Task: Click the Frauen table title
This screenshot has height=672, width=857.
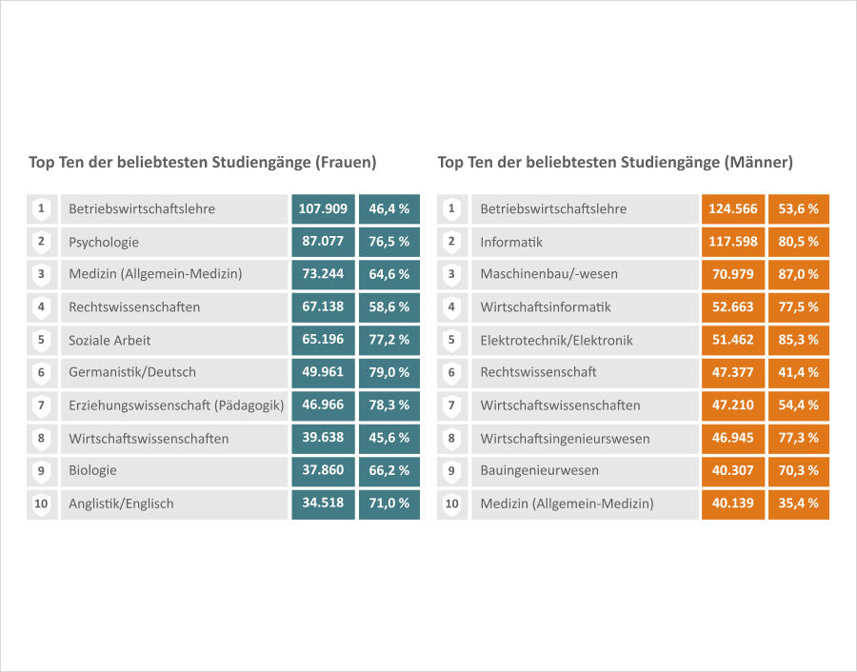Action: tap(203, 163)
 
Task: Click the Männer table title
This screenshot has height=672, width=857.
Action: tap(615, 163)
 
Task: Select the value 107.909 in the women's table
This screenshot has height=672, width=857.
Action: tap(323, 208)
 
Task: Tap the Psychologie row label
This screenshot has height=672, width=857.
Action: tap(104, 242)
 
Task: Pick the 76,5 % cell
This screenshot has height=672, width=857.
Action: tap(389, 242)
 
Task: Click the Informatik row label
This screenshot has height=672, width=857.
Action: tap(511, 242)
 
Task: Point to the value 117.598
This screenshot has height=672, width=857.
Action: tap(733, 242)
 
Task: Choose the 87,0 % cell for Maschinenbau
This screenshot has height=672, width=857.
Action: tap(799, 274)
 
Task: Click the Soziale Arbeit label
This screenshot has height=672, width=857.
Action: tap(110, 340)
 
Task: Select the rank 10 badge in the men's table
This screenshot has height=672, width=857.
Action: tap(452, 504)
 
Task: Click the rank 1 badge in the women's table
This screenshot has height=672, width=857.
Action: tap(41, 208)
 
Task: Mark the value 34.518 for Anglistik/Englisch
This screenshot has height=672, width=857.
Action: tap(323, 503)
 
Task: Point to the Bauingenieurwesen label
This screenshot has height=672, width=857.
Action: tap(539, 470)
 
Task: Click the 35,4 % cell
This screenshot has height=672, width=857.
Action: tap(799, 504)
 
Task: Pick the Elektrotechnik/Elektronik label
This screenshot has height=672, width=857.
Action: tap(556, 340)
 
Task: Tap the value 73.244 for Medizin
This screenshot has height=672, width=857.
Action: tap(323, 274)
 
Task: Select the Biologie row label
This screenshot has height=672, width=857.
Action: tap(92, 470)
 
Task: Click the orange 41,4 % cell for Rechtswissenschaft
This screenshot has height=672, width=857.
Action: tap(799, 372)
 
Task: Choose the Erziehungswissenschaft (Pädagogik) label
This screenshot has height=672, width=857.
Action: tap(176, 405)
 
